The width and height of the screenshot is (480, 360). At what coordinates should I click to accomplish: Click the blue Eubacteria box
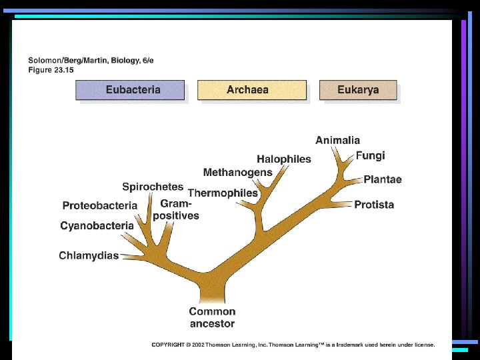coord(130,90)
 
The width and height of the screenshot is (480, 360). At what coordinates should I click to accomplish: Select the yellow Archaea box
coord(251,90)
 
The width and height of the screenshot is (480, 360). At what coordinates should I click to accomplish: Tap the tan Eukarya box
coord(358,90)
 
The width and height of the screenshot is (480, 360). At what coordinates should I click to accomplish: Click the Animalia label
coord(337,140)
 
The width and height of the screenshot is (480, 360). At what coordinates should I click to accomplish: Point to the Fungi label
coord(370,155)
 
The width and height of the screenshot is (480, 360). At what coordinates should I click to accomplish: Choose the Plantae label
coord(383,180)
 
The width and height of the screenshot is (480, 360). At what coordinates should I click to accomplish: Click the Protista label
coord(374,205)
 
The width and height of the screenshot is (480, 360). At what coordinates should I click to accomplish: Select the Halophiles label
coord(284,159)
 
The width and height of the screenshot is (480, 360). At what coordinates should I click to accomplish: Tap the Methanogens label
coord(237,173)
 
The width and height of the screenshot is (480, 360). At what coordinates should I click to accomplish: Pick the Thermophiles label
coord(223,193)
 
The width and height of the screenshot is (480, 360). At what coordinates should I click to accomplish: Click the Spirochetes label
coord(153,187)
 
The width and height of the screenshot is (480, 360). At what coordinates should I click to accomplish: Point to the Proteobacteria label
coord(99,205)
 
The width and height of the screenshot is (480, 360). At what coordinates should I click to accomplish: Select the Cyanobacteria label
coord(97,226)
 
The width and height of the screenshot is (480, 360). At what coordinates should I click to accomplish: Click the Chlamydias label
coord(89,255)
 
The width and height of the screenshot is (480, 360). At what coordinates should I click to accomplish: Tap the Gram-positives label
coord(176,209)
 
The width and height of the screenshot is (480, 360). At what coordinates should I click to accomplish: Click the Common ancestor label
coord(212,317)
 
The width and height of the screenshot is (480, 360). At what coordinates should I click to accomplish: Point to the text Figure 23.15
coord(51,69)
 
